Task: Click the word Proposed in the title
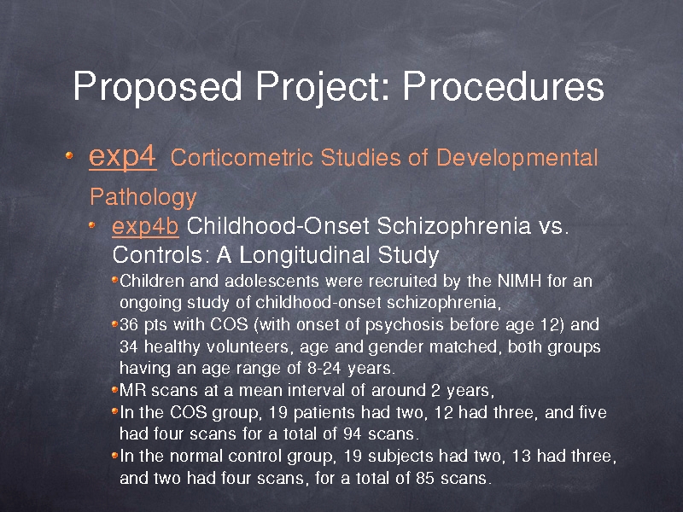[157, 86]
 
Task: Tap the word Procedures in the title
[504, 85]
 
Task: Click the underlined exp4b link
[145, 226]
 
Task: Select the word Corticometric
[242, 157]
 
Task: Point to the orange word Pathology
[143, 197]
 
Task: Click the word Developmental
[517, 158]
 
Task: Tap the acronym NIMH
[519, 282]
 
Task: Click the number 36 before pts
[129, 325]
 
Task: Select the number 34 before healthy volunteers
[129, 347]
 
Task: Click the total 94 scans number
[352, 433]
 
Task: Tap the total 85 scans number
[424, 478]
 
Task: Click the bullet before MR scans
[115, 389]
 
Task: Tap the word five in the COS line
[593, 412]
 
